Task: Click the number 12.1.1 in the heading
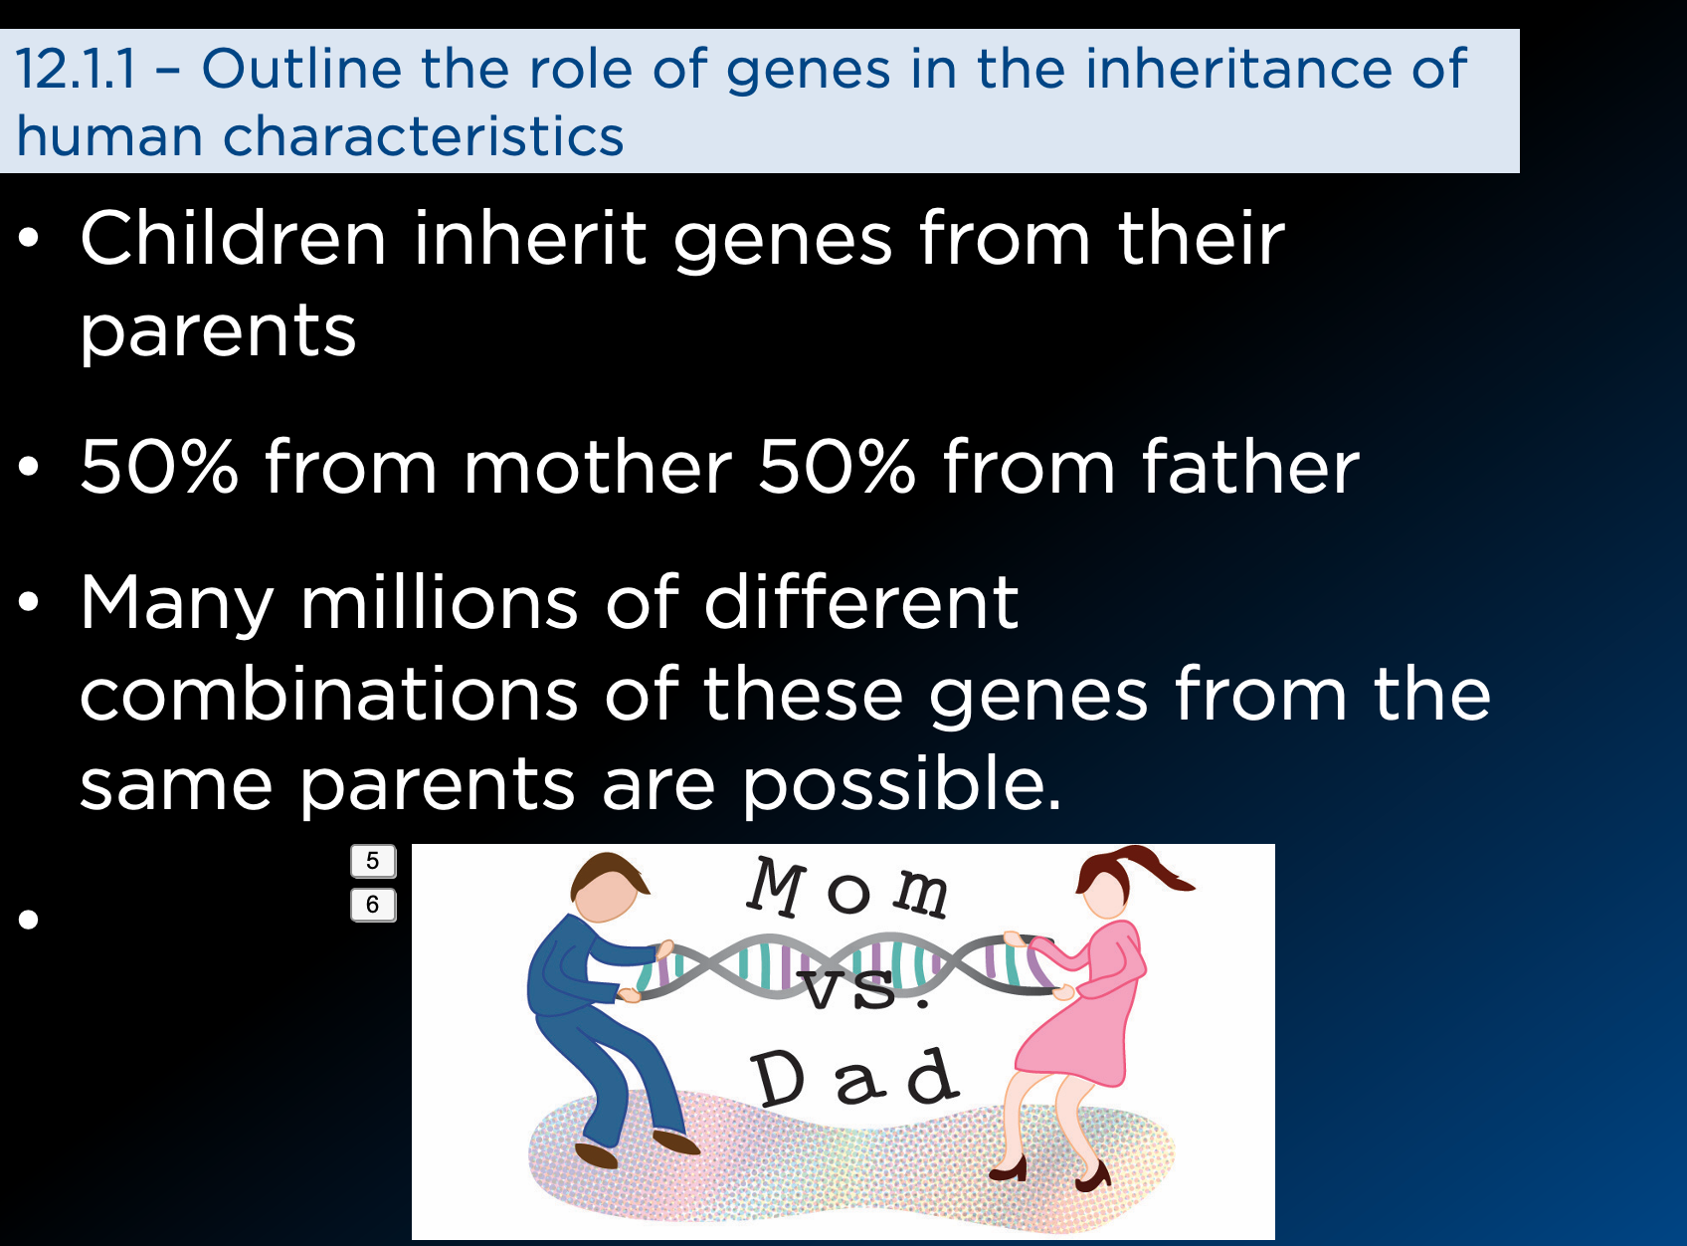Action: point(76,69)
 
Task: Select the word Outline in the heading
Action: point(301,69)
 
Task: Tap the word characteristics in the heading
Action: point(423,136)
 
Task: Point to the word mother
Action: point(598,467)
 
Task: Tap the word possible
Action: point(901,786)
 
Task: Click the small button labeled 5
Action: point(373,861)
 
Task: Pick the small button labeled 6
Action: point(373,905)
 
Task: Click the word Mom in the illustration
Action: point(846,888)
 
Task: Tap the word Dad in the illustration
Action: point(854,1077)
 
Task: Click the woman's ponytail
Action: point(1160,868)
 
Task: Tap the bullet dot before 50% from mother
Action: point(28,467)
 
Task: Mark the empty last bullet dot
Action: point(28,920)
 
